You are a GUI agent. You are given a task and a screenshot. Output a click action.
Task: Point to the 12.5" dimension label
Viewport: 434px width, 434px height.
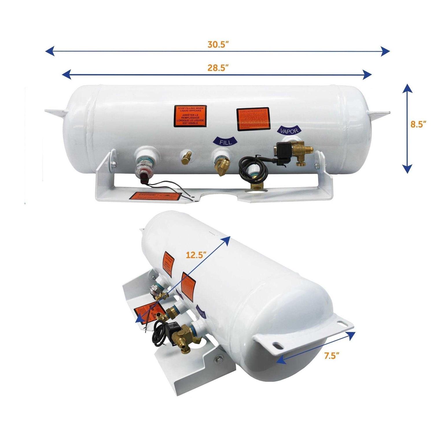(x=196, y=255)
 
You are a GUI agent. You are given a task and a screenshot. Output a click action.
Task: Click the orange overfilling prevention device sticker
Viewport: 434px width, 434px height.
(x=253, y=119)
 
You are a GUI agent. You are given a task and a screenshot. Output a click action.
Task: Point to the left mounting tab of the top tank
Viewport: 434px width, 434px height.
(x=55, y=113)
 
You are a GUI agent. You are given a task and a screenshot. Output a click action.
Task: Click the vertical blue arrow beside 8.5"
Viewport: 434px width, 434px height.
(x=407, y=128)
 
